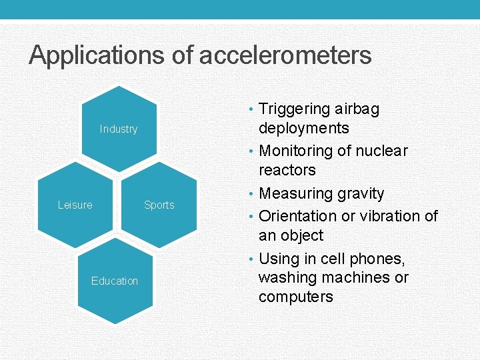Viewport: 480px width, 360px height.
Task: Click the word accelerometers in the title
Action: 285,55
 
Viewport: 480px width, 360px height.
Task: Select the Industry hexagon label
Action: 119,129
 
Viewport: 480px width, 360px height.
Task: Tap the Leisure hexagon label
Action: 75,205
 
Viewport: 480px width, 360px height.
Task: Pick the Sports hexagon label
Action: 159,205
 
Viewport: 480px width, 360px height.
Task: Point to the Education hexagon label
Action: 115,281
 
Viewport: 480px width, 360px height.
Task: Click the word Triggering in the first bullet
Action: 294,109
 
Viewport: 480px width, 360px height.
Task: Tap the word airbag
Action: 357,109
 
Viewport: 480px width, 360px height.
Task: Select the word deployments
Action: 303,128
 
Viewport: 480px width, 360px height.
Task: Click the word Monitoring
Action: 296,151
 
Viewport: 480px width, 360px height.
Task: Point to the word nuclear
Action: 381,151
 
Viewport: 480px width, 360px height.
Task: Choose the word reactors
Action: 287,170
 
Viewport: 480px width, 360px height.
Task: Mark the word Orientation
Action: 297,216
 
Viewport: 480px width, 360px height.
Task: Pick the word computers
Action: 295,297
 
